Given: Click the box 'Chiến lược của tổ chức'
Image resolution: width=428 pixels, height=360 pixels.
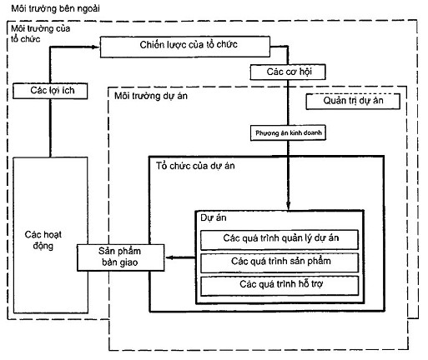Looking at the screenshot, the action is pos(185,47).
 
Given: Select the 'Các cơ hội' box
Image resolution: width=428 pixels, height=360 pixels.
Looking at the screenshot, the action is pos(288,72).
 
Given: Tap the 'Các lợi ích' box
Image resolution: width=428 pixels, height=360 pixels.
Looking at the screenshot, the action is pos(50,91).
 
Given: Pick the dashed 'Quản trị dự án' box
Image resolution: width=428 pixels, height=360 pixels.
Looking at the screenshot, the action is pos(353,101).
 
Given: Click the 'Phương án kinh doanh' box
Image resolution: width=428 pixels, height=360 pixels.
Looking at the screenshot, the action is pos(288,133).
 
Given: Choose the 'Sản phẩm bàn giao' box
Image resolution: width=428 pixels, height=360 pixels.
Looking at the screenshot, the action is pos(121,257).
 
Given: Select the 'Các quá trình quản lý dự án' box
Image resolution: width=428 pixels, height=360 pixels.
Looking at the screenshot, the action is pos(279,239).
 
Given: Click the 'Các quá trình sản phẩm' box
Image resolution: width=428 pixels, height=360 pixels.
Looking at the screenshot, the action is pos(279,262).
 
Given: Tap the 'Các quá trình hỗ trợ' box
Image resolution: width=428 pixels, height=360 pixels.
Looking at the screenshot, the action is pos(279,286).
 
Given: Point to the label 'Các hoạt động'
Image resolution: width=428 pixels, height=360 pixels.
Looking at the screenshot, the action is pos(43,240).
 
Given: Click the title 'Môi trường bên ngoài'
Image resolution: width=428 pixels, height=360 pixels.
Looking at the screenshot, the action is pos(55,8).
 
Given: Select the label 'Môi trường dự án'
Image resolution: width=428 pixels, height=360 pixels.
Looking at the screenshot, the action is pos(151,96).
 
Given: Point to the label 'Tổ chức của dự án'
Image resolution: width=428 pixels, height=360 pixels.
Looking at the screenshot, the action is pos(195,166).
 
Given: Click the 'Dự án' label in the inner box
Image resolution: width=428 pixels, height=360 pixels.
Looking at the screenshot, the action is pos(214,217).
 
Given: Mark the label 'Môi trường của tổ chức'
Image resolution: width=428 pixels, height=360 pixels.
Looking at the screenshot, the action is pos(40,33).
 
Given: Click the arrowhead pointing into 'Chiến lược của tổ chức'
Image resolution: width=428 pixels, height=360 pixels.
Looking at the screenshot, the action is pos(96,47).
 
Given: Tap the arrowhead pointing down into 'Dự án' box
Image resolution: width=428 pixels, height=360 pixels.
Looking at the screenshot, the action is pos(288,206).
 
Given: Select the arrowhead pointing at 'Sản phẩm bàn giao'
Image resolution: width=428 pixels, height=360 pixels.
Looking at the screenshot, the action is pos(169,257).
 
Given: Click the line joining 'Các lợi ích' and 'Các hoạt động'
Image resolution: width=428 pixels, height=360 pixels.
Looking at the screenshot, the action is pos(50,128).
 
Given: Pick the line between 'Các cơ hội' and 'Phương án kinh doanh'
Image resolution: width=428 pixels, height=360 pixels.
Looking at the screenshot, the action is pos(288,102).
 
